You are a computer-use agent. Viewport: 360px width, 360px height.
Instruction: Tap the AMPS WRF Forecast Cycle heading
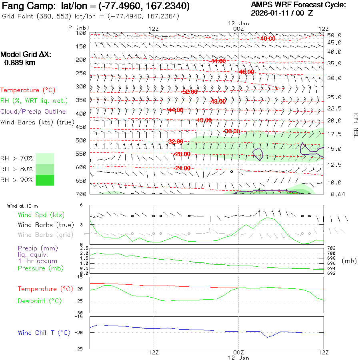[298, 5]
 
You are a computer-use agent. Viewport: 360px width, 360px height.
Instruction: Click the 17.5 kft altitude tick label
[334, 134]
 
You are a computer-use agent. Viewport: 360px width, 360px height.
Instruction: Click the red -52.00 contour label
[189, 92]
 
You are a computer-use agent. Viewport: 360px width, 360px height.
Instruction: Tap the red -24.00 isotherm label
[182, 168]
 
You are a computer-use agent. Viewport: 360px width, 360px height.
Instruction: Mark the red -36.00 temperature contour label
[232, 131]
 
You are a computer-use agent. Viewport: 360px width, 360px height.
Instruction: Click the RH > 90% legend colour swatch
[45, 180]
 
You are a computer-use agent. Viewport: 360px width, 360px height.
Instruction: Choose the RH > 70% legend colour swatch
[45, 158]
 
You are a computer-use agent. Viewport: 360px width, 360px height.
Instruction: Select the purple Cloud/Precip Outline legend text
[33, 112]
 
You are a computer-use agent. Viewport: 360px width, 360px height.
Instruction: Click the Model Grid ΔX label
[26, 54]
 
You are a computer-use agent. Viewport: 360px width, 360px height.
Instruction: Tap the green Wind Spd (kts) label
[41, 215]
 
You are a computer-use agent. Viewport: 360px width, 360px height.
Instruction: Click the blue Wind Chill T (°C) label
[44, 333]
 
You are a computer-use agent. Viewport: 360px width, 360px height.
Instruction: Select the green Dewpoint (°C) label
[40, 301]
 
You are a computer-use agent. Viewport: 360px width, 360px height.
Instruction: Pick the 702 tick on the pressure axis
[332, 248]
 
